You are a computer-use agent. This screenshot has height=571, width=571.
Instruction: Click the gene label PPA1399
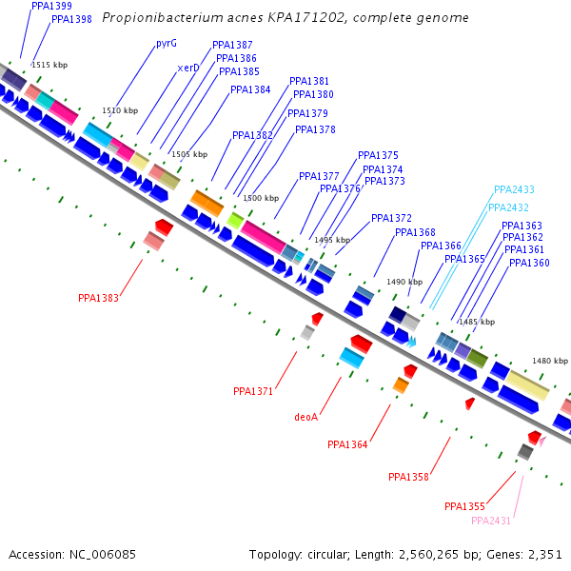pos(51,7)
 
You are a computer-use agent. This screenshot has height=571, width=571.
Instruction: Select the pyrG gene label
pos(167,44)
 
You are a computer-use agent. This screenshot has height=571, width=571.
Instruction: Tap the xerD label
pos(188,69)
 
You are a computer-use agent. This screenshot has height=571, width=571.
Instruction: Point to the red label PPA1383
pos(99,298)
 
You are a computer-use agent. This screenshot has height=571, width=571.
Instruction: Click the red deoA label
pos(306,417)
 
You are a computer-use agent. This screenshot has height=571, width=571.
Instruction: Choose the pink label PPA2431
pos(491,521)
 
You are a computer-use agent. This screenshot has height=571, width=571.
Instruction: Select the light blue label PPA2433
pos(514,189)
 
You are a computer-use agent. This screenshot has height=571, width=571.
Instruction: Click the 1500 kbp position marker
pos(261,198)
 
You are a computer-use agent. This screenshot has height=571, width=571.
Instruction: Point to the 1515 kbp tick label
pos(49,65)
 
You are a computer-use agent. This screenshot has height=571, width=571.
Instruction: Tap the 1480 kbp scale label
pos(549,361)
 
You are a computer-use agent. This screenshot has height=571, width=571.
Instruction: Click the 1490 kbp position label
pos(404,282)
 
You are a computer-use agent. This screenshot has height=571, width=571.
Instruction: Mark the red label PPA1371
pos(253,391)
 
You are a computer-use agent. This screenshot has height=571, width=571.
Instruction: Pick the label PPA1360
pos(529,263)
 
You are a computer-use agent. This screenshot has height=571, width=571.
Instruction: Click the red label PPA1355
pos(464,506)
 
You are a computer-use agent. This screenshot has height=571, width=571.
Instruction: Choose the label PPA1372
pos(391,218)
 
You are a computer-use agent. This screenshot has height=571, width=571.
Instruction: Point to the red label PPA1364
pos(347,444)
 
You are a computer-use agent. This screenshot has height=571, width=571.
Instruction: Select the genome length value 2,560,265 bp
pos(447,554)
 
